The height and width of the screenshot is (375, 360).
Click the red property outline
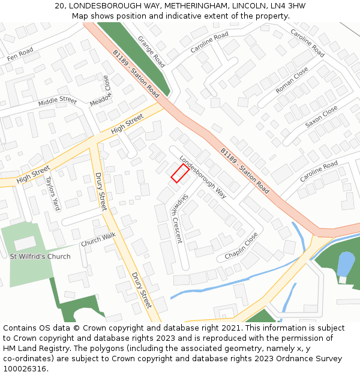pyautogui.click(x=180, y=173)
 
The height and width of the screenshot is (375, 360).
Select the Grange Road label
pyautogui.click(x=151, y=51)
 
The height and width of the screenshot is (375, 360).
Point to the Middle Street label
pyautogui.click(x=58, y=101)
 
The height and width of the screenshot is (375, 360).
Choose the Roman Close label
pyautogui.click(x=292, y=79)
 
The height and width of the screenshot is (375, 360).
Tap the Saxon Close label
pyautogui.click(x=322, y=117)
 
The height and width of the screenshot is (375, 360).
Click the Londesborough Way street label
pyautogui.click(x=203, y=178)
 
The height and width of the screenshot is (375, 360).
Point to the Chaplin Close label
pyautogui.click(x=241, y=246)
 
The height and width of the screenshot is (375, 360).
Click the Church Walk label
pyautogui.click(x=98, y=239)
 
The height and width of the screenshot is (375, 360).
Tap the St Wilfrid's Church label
pyautogui.click(x=40, y=257)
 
